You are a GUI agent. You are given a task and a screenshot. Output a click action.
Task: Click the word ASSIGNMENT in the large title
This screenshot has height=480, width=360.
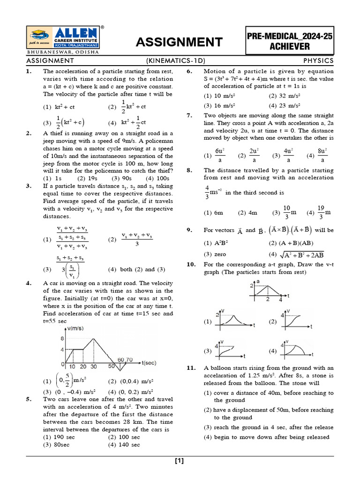tap(179, 43)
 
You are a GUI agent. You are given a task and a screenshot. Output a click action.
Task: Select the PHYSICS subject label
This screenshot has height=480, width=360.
tap(318, 60)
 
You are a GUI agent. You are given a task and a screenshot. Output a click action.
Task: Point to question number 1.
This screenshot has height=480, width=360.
tap(29, 71)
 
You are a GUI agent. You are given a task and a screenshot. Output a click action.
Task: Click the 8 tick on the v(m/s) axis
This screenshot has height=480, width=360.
tap(62, 338)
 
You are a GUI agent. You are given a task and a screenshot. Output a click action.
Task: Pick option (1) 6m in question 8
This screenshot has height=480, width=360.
tap(214, 212)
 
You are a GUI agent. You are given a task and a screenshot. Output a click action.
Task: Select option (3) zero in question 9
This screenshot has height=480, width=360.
tap(215, 254)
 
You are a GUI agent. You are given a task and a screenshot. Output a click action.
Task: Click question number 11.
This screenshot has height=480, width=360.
tap(191, 368)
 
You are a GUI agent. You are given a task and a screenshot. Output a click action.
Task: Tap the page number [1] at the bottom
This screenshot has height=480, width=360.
tap(180, 461)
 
